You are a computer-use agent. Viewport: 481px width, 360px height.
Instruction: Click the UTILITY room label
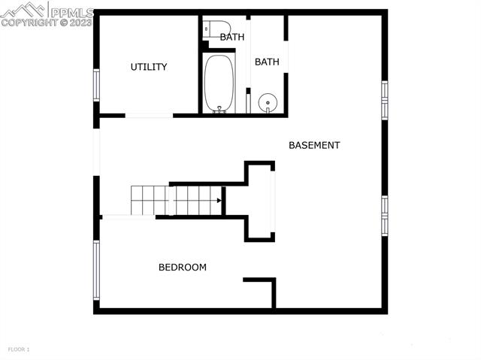point(149,67)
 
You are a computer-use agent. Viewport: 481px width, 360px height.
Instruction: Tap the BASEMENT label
point(314,145)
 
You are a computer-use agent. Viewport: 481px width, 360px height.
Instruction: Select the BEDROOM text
point(182,267)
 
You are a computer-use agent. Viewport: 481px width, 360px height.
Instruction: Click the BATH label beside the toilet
point(231,36)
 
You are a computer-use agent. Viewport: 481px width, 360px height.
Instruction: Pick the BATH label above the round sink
point(267,62)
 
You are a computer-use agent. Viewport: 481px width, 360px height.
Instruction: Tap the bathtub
point(219,83)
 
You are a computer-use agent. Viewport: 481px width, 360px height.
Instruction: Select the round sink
point(267,102)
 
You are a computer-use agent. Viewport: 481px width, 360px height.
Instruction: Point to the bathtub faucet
point(219,109)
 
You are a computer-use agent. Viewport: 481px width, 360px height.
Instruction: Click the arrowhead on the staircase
point(219,201)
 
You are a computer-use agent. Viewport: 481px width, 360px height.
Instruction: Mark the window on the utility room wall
point(96,85)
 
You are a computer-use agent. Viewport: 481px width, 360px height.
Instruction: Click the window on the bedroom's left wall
point(96,269)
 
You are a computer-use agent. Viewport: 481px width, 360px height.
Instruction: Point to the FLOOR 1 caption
point(19,349)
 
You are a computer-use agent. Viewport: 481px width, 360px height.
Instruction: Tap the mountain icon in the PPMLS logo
point(23,10)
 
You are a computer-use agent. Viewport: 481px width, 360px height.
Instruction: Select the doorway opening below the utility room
point(149,115)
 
